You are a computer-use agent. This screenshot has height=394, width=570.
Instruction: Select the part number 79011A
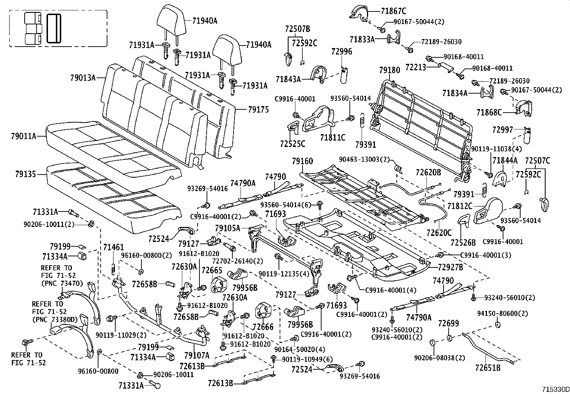pos(23,136)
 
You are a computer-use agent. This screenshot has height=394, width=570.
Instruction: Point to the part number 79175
pos(258,110)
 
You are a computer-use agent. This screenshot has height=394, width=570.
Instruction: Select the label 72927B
pos(450,267)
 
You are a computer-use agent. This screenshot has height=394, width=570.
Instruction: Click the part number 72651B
pos(488,368)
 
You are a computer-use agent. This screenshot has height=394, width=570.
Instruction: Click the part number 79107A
pos(197,355)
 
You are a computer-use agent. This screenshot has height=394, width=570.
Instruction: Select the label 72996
pos(341,51)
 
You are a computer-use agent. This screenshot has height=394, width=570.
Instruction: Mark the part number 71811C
pos(333,137)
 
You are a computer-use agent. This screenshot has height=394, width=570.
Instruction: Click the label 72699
pos(448,323)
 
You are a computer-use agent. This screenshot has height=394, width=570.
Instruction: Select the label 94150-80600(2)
pos(502,313)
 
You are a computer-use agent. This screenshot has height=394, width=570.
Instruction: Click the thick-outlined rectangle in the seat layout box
pos(54,29)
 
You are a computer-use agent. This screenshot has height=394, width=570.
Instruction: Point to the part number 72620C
pos(439,232)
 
